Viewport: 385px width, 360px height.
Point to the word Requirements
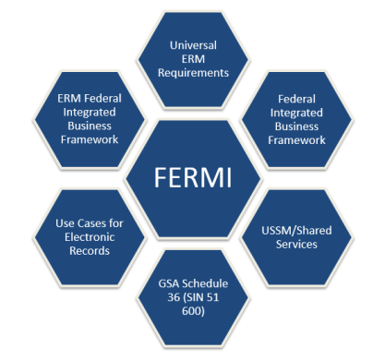[x=195, y=73]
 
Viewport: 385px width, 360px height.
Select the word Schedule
[x=206, y=284]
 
